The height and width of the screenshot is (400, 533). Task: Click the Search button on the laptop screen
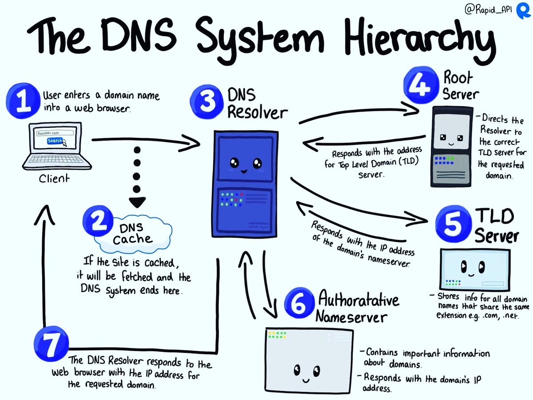coord(56,141)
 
